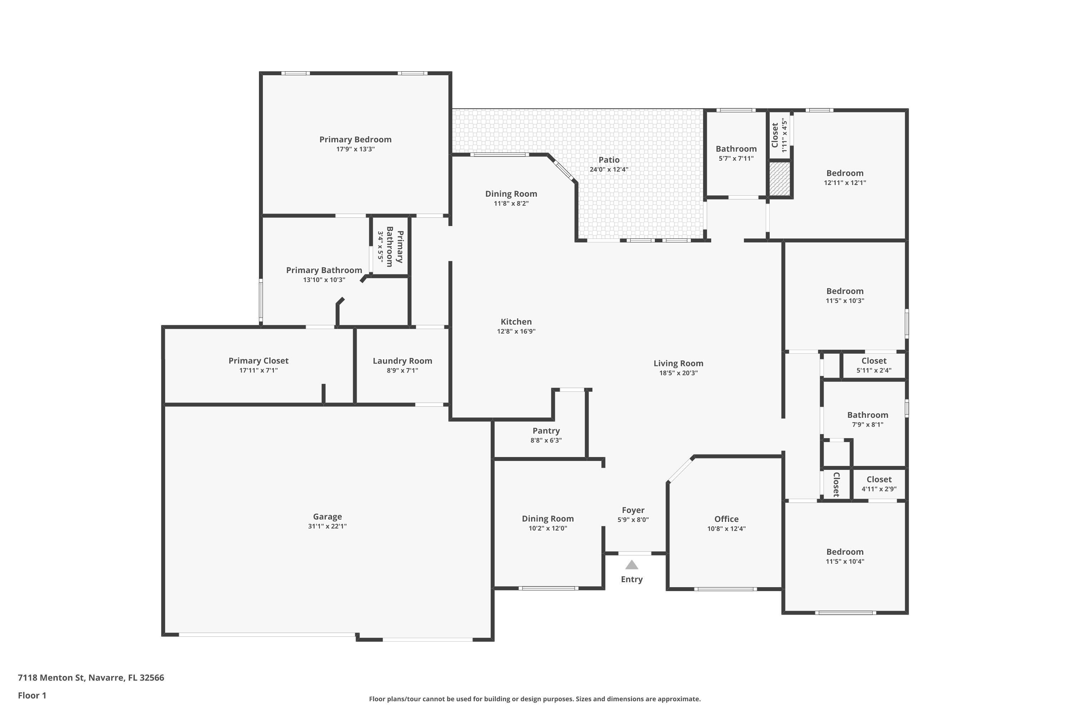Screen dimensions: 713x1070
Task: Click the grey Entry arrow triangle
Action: tap(631, 565)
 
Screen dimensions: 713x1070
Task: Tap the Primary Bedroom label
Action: tap(355, 140)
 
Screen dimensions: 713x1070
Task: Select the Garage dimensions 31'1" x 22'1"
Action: tap(327, 527)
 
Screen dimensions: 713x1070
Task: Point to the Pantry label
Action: tap(546, 431)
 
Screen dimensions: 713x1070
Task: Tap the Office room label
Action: tap(726, 519)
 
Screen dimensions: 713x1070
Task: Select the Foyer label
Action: tap(633, 510)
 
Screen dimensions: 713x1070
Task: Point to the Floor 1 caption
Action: tap(32, 695)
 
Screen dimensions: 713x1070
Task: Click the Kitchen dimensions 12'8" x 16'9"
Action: tap(516, 332)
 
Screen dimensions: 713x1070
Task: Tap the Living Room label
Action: tap(678, 363)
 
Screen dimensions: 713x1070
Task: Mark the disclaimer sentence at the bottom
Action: tap(535, 699)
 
